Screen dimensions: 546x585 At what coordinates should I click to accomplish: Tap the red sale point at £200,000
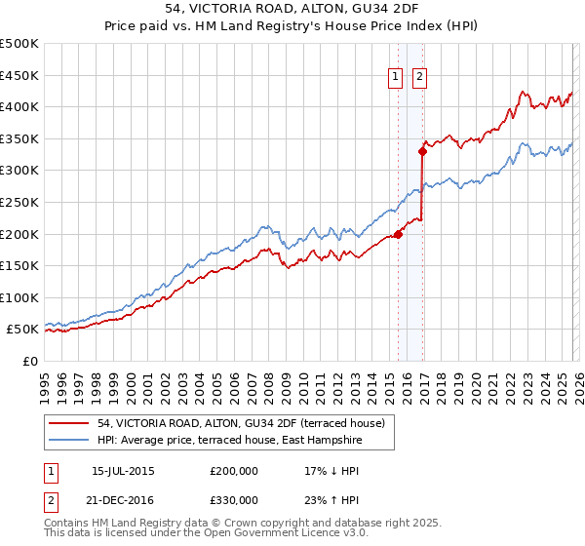click(399, 234)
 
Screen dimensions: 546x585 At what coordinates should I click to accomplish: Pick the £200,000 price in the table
click(235, 470)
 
